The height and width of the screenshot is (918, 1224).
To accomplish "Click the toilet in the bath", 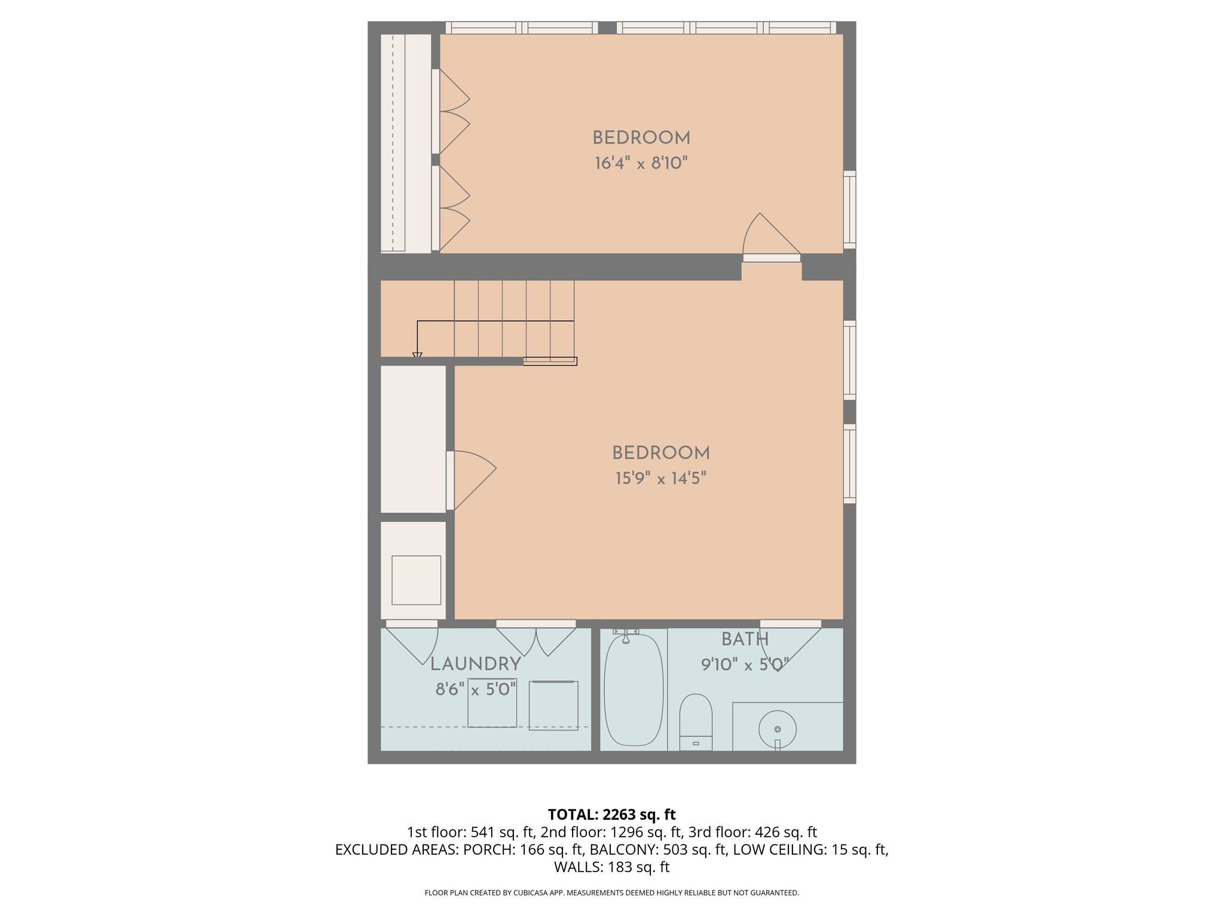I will coord(696,721).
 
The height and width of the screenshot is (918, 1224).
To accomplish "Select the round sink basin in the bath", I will coord(777,729).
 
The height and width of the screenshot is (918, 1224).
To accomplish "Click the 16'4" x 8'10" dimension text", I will coord(641,163).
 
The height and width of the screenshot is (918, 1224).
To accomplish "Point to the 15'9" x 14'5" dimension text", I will coord(661,479).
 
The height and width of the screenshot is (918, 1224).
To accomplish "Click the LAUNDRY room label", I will coord(476,664).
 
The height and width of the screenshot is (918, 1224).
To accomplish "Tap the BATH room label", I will coord(745,639).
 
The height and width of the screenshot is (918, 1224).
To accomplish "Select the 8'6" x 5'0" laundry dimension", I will coord(476,690).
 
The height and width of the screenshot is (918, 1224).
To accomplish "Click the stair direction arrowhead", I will coord(417,356).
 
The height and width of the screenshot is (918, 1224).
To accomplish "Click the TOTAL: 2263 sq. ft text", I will coord(611,815).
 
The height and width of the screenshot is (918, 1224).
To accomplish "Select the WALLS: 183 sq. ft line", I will coord(611,867).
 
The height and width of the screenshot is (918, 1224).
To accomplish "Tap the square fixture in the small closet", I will coord(416,580).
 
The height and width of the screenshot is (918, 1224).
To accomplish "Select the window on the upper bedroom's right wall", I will coord(849,209).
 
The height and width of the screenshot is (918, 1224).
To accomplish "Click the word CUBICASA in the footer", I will coord(529,893).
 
